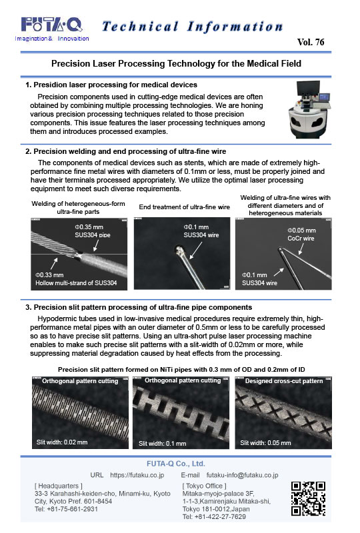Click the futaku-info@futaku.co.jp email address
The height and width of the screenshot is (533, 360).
(242, 476)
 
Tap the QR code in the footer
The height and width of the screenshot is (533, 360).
(308, 498)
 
